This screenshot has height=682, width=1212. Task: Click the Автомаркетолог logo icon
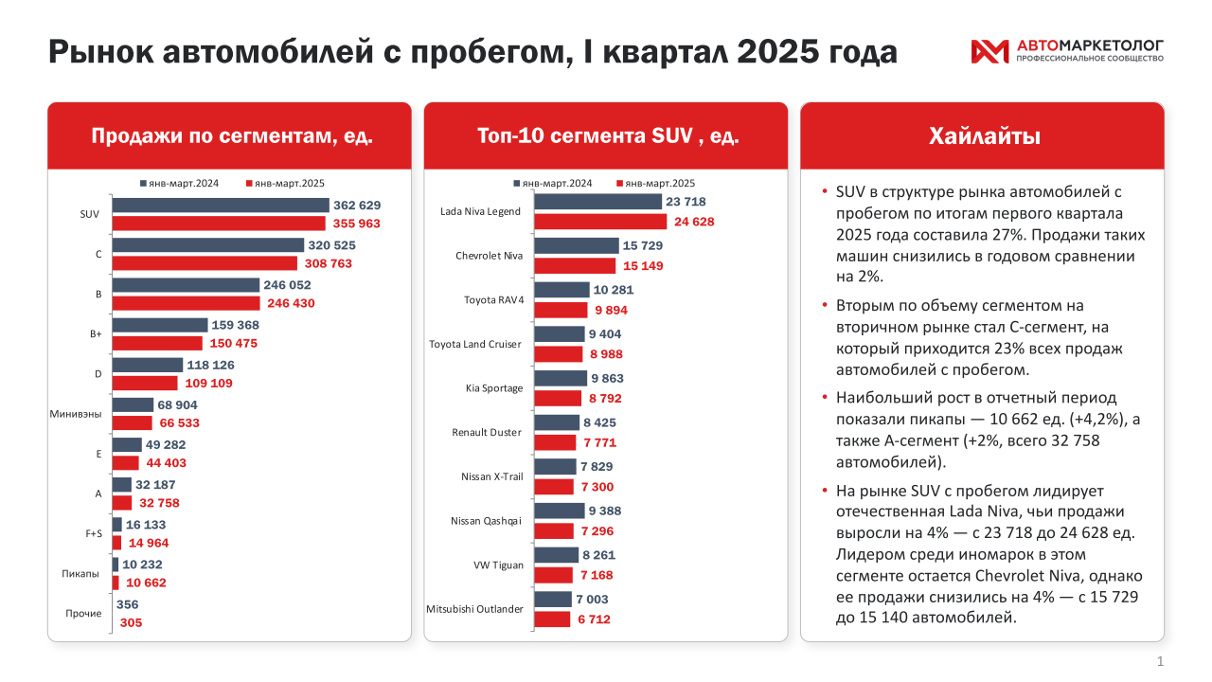[x=989, y=52]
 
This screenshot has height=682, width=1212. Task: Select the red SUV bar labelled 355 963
[x=219, y=224]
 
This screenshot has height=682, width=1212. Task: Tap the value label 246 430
[x=290, y=303]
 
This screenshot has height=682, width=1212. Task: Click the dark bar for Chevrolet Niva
[x=577, y=245]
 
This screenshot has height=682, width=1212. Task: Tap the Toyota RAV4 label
[x=493, y=300]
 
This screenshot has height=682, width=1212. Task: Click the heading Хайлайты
[x=983, y=136]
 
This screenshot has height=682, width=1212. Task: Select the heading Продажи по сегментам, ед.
[x=231, y=136]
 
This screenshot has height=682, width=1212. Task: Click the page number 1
[x=1160, y=661]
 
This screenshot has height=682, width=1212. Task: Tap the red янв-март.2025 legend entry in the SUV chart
[x=654, y=184]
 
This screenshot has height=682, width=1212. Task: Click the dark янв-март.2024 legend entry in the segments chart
[x=179, y=184]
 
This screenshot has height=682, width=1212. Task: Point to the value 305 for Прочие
[x=132, y=622]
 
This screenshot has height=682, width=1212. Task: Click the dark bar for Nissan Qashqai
[x=560, y=511]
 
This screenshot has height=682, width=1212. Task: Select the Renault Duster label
[x=486, y=432]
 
